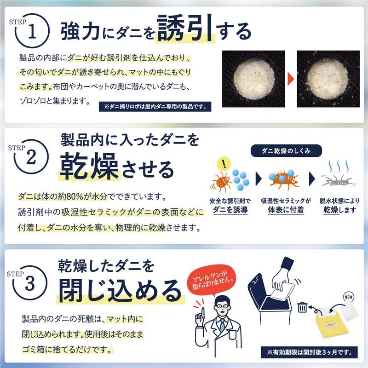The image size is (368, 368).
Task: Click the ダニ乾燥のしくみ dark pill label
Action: tap(285, 150)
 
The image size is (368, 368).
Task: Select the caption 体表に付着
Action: tap(286, 210)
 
